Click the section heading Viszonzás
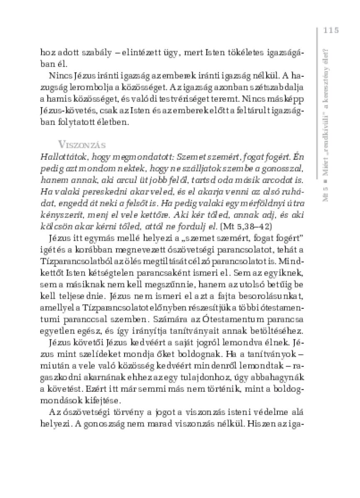pos(82,145)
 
